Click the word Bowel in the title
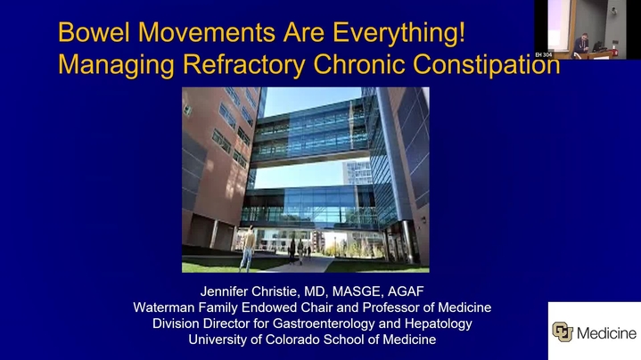pyautogui.click(x=94, y=32)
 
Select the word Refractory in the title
pyautogui.click(x=244, y=65)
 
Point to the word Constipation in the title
pyautogui.click(x=486, y=65)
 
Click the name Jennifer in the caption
pyautogui.click(x=224, y=291)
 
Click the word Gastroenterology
pyautogui.click(x=324, y=324)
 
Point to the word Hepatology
pyautogui.click(x=439, y=324)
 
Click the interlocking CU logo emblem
pyautogui.click(x=563, y=331)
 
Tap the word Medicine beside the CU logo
pyautogui.click(x=606, y=333)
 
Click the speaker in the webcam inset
pyautogui.click(x=582, y=44)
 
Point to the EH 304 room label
pyautogui.click(x=543, y=54)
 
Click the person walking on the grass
pyautogui.click(x=248, y=248)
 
